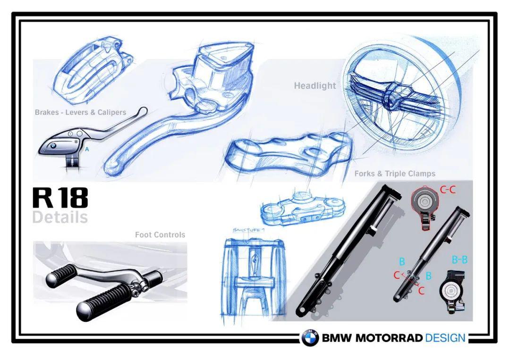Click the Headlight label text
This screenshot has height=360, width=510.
tap(315, 86)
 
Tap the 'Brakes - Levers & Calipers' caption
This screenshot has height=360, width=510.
tap(80, 112)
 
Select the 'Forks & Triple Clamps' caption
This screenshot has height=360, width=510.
tap(395, 174)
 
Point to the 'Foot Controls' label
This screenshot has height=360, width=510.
tap(160, 234)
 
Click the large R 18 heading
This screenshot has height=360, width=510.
tap(60, 199)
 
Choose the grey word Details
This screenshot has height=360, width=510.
tap(60, 218)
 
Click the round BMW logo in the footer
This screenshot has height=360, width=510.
tap(310, 338)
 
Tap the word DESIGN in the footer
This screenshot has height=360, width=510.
tap(445, 338)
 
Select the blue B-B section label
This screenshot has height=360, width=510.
tap(459, 259)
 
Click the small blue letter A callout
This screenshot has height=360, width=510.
tap(86, 149)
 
